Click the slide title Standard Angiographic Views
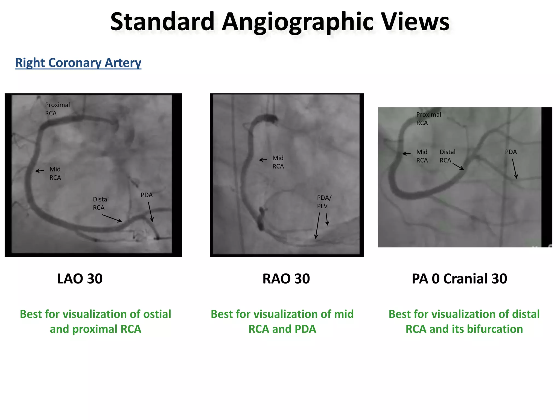click(x=280, y=22)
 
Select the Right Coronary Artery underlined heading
click(x=78, y=63)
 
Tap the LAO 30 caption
click(x=80, y=279)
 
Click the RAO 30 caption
click(x=286, y=279)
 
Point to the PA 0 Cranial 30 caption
click(x=459, y=279)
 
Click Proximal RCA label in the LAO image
click(x=57, y=109)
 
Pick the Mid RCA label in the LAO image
click(x=55, y=173)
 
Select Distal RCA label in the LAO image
click(x=100, y=203)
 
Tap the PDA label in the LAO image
click(x=147, y=195)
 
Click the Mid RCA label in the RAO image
click(x=278, y=162)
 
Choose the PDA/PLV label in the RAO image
click(x=324, y=202)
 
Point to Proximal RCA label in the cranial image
click(x=428, y=119)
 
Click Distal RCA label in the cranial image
click(x=447, y=156)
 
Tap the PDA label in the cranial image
click(x=511, y=152)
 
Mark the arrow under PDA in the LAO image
click(x=150, y=212)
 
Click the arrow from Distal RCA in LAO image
click(x=112, y=218)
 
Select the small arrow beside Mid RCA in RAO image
click(x=263, y=160)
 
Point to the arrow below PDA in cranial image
click(x=515, y=169)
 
